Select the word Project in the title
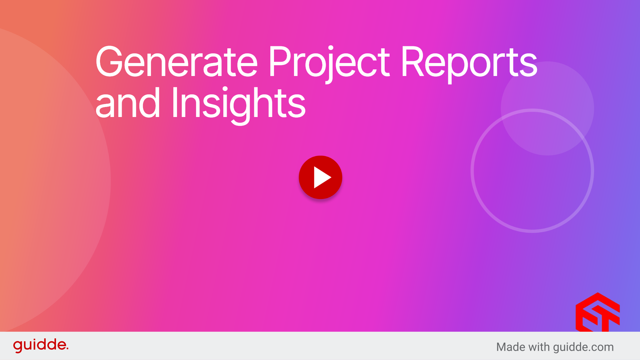[x=329, y=64]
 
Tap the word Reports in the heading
[x=469, y=64]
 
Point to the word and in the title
[x=128, y=103]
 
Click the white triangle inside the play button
[x=322, y=177]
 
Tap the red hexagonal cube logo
[x=598, y=312]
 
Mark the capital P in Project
[x=279, y=61]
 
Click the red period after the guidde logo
[x=67, y=349]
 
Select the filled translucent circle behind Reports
[x=547, y=108]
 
